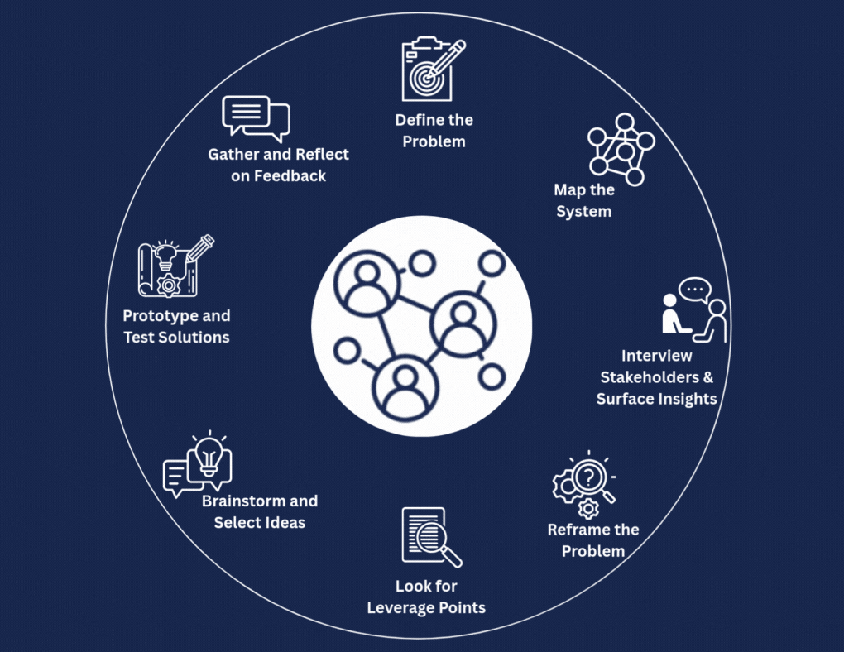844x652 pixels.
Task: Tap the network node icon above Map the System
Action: point(615,149)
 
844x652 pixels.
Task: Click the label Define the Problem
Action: point(434,131)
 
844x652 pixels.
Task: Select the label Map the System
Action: point(584,200)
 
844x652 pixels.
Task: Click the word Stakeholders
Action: point(655,377)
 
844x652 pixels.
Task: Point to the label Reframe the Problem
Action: point(593,540)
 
